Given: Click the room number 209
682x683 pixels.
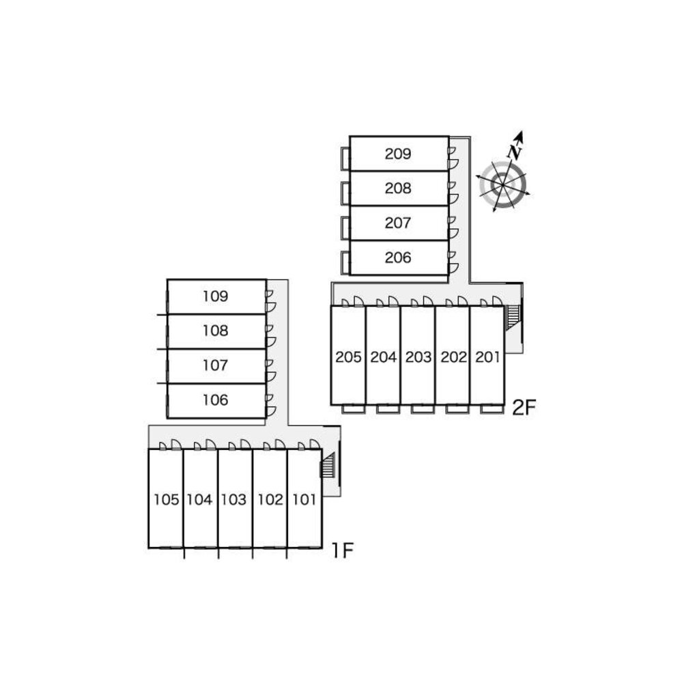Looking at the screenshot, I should tap(398, 154).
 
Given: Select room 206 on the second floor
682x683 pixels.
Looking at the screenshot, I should tap(398, 257).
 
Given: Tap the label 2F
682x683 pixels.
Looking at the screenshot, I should tap(526, 408).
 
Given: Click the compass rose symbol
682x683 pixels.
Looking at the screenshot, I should tap(504, 183).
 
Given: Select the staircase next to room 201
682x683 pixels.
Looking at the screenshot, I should tap(511, 318).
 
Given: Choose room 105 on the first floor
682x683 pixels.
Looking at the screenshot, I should tap(166, 499).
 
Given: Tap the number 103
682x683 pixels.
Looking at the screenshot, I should tap(233, 499).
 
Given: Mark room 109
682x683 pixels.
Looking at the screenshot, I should tap(215, 296).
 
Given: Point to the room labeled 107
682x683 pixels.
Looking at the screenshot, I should tap(215, 365).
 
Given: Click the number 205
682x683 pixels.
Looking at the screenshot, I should tap(348, 357).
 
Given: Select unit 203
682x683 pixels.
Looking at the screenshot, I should tap(418, 357).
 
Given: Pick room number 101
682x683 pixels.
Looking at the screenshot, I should tap(304, 499).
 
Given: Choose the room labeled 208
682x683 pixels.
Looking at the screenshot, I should tap(398, 188).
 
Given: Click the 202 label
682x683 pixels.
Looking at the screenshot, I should tap(453, 357).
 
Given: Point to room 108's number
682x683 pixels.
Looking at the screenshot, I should tap(215, 331).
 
